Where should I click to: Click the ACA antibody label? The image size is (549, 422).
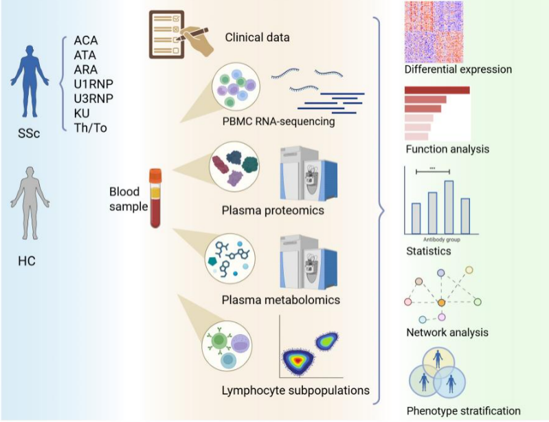87,41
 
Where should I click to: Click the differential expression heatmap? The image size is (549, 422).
434,32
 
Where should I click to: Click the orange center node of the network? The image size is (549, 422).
441,302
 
